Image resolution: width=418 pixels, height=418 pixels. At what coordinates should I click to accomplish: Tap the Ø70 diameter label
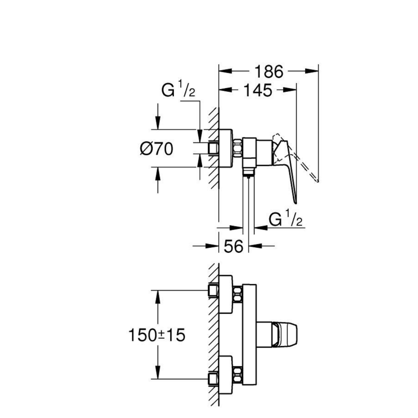point(156,149)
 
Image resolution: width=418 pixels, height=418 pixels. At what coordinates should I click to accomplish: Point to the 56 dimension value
point(233,246)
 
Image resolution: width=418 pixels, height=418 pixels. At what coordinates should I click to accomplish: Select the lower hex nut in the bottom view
point(238,377)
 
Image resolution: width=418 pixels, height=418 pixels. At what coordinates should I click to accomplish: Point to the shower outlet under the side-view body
point(248,173)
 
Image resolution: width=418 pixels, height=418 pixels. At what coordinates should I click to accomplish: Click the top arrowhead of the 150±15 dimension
point(157,295)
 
